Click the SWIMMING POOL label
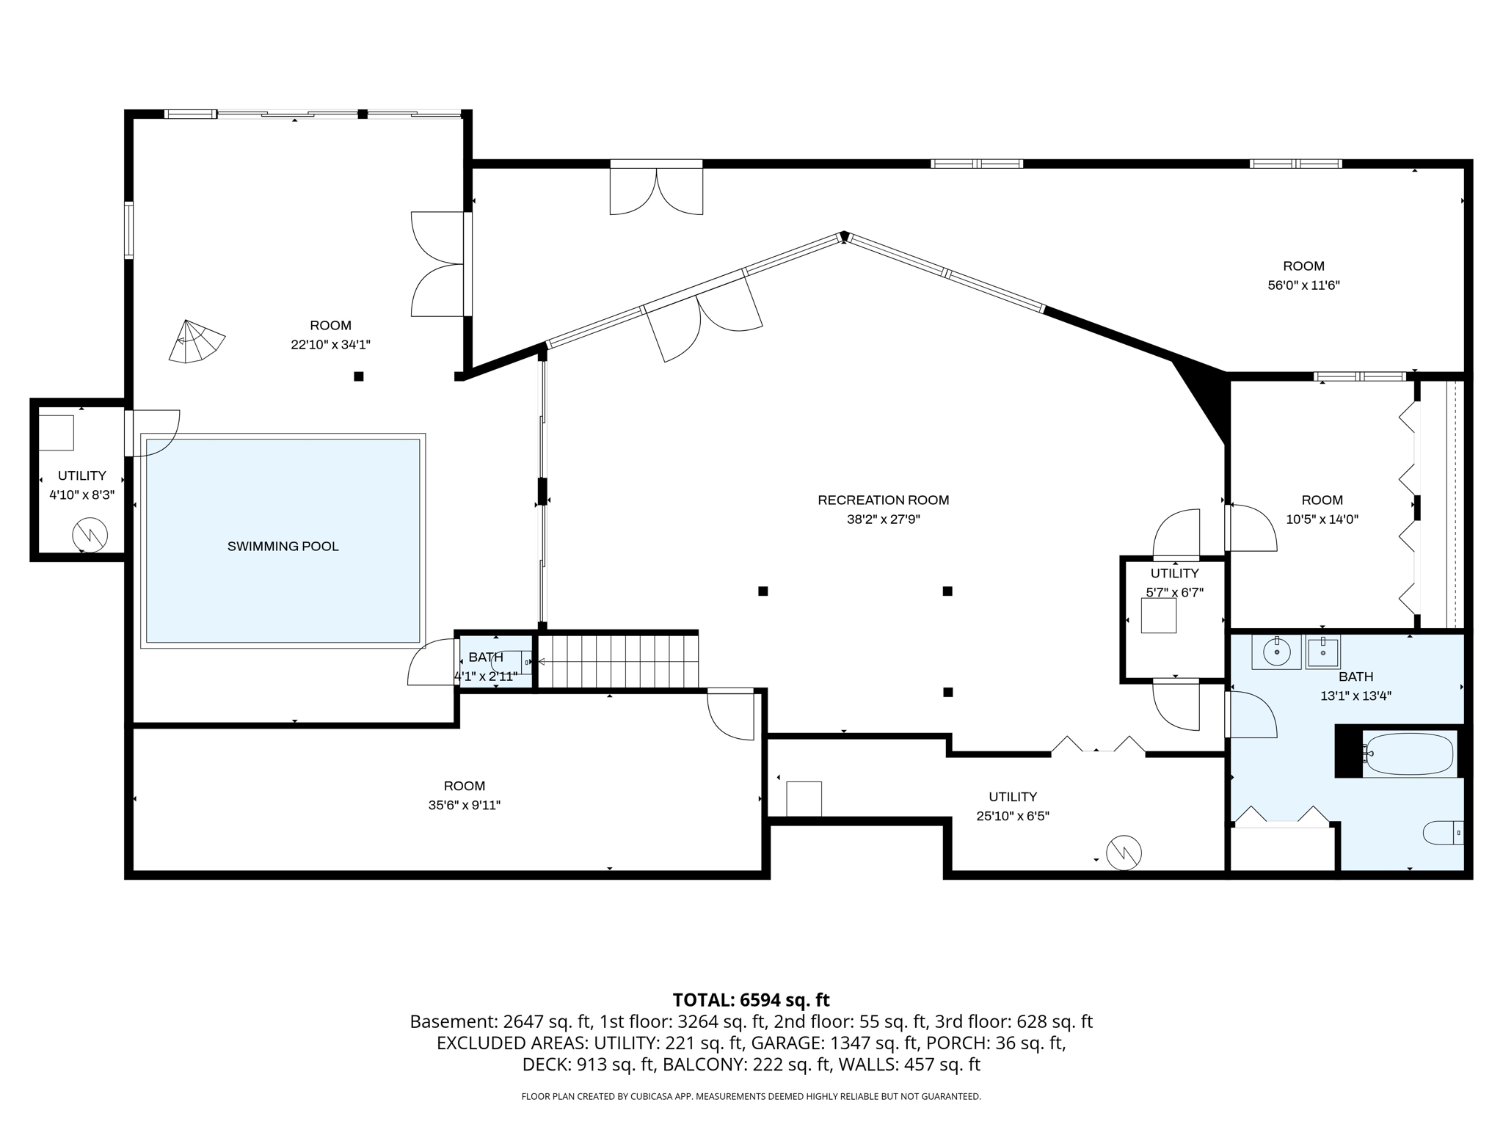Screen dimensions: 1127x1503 pyautogui.click(x=283, y=546)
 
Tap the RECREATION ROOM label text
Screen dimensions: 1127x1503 pyautogui.click(x=883, y=500)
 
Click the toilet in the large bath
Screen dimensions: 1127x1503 pyautogui.click(x=1442, y=833)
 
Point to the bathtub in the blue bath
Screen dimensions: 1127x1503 pyautogui.click(x=1409, y=754)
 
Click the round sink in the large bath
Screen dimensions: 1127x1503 pyautogui.click(x=1276, y=652)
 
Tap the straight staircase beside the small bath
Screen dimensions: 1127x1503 pyautogui.click(x=618, y=661)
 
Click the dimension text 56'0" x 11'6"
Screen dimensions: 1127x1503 pyautogui.click(x=1303, y=285)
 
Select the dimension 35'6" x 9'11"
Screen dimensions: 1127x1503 pyautogui.click(x=464, y=805)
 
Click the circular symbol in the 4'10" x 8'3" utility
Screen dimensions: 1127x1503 pyautogui.click(x=90, y=536)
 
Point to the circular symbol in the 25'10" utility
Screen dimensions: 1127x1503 pyautogui.click(x=1124, y=853)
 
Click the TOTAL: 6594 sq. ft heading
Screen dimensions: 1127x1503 pyautogui.click(x=751, y=1000)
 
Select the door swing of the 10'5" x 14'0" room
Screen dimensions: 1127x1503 pyautogui.click(x=1253, y=527)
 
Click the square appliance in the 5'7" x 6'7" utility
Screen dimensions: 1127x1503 pyautogui.click(x=1158, y=616)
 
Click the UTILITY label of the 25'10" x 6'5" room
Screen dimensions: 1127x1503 pyautogui.click(x=1013, y=797)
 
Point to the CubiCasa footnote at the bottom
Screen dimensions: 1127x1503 pyautogui.click(x=751, y=1096)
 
